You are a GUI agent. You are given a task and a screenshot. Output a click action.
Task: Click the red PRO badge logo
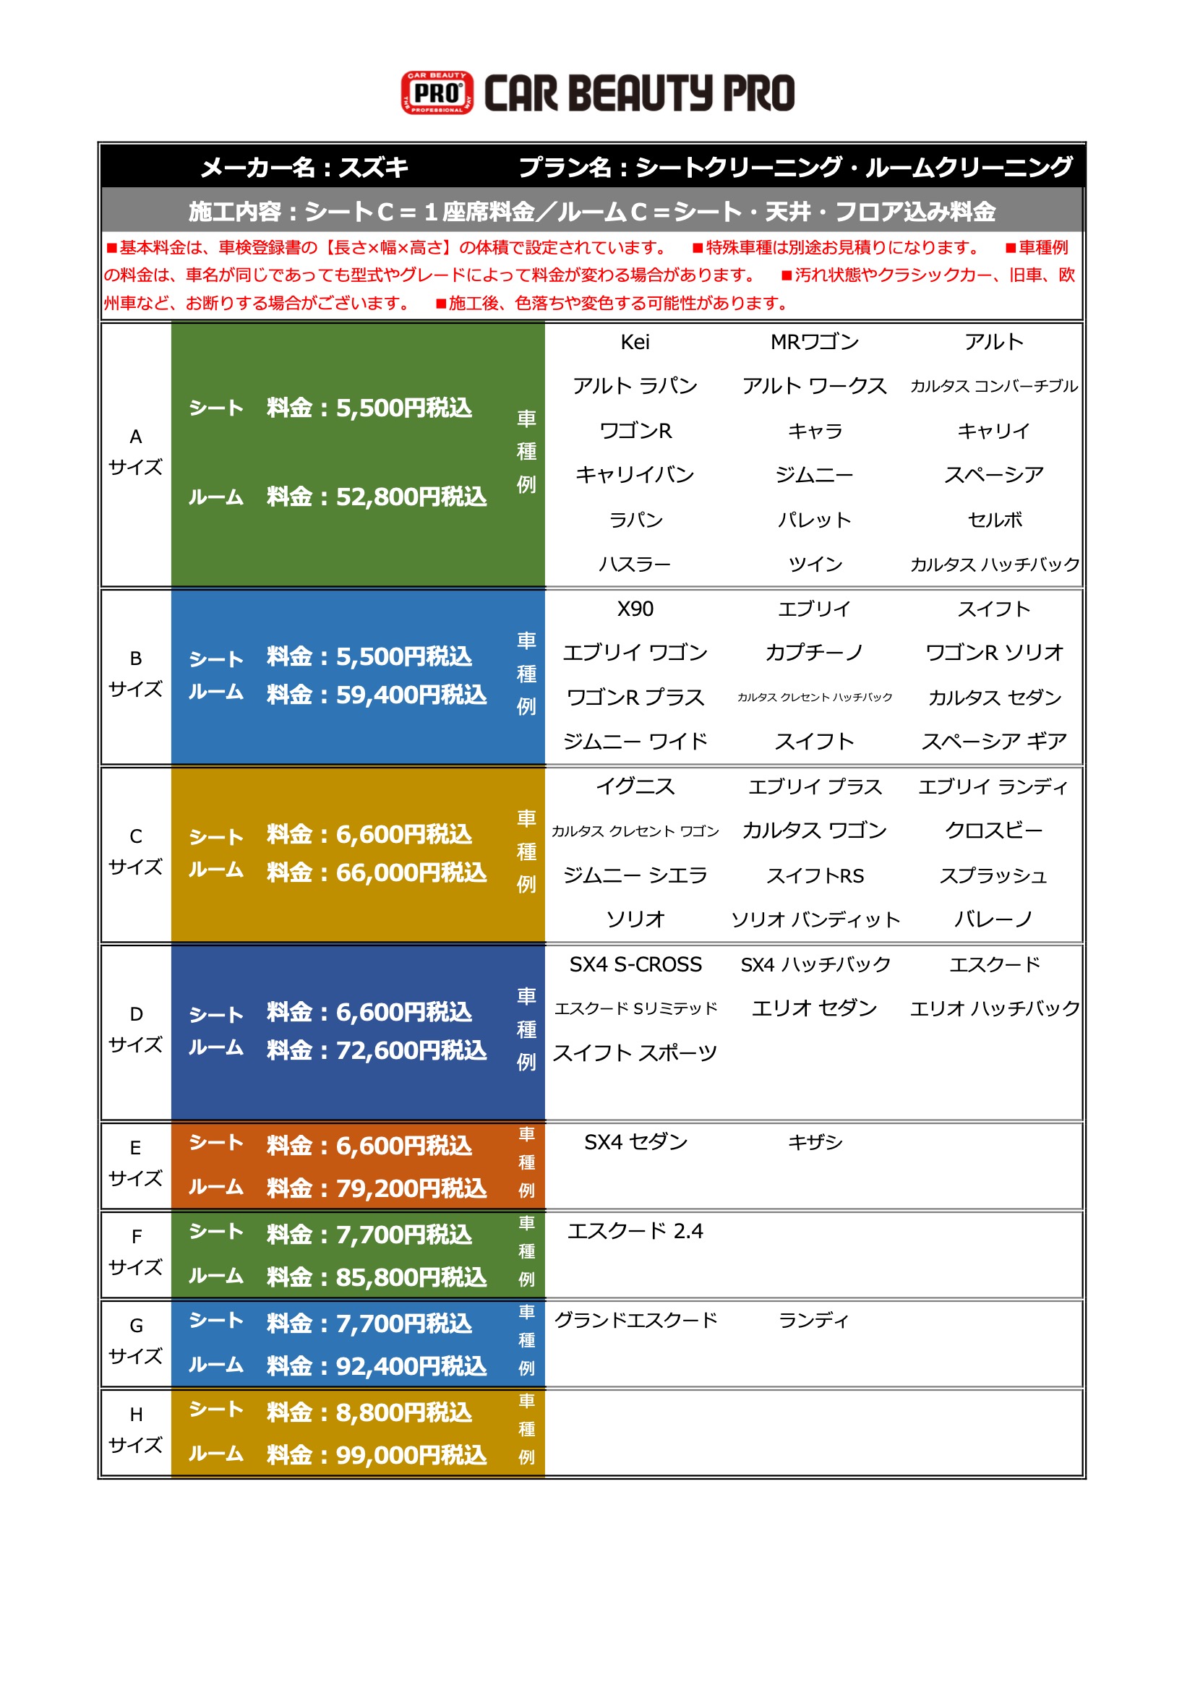coord(437,93)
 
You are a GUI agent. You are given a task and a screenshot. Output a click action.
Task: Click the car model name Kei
coord(635,343)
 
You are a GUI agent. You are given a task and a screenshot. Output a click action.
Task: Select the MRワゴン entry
coord(814,343)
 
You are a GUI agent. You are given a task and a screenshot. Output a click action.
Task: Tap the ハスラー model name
coord(635,565)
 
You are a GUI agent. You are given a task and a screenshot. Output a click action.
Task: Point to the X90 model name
coord(635,609)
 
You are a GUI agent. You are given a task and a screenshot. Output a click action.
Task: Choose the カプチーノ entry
coord(814,653)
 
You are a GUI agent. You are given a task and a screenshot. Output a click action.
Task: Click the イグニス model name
coord(635,786)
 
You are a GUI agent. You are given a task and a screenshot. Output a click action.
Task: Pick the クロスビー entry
coord(993,831)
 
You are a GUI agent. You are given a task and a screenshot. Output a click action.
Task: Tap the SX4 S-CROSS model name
coord(635,964)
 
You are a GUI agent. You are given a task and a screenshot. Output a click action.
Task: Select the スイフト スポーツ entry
coord(635,1052)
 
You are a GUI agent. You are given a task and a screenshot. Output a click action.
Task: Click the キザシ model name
coord(814,1141)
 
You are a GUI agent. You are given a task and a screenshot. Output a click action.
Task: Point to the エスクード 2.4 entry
coord(635,1231)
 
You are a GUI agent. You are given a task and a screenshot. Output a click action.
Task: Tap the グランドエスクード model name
coord(635,1320)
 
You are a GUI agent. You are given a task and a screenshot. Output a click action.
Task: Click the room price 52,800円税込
coord(411,497)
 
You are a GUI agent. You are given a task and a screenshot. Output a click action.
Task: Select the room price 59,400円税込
coord(411,695)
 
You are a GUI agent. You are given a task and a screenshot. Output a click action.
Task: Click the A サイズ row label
coord(135,452)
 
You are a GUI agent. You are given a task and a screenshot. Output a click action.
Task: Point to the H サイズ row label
coord(135,1430)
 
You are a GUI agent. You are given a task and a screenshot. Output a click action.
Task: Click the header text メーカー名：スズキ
coord(304,167)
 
